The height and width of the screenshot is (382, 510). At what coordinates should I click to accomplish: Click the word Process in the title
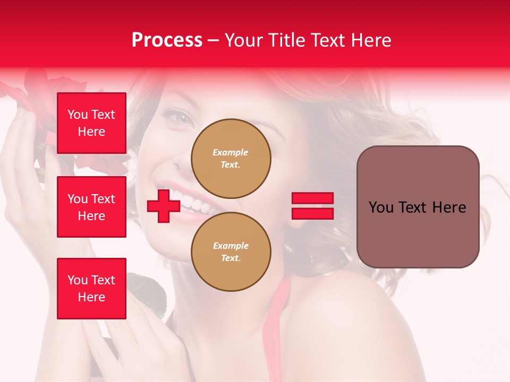point(167,40)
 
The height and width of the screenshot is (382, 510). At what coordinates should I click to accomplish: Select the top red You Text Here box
point(91,123)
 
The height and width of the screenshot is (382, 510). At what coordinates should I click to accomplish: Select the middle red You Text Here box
point(91,207)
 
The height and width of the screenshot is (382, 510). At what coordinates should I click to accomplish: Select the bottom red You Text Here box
point(91,289)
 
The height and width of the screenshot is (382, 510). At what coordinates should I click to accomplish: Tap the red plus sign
point(163,206)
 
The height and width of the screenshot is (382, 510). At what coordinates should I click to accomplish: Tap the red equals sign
point(312,206)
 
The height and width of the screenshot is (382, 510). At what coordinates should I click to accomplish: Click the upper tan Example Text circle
point(231,159)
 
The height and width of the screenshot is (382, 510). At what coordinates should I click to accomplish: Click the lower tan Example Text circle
point(231,252)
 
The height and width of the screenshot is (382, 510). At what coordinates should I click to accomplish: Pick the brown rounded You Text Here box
point(418,207)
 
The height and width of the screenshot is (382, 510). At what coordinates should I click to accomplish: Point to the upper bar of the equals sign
point(312,198)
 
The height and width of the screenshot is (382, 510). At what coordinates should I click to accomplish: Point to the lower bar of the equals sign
point(312,213)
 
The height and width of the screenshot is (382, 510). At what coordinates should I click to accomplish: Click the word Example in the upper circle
point(231,152)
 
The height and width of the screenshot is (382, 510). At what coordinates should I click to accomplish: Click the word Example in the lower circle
point(231,246)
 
